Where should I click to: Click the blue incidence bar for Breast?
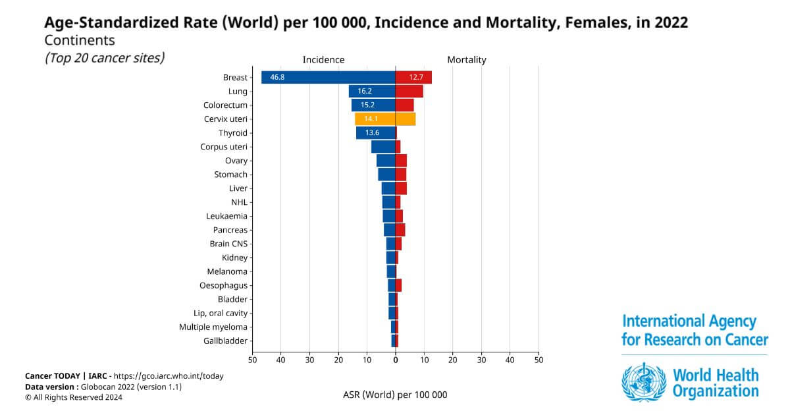(x=329, y=77)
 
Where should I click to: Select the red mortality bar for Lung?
(x=409, y=92)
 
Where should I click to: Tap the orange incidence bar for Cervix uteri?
(x=375, y=119)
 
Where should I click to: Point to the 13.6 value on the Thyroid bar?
(x=372, y=132)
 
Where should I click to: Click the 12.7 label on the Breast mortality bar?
(x=416, y=77)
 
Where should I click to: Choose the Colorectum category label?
(x=225, y=105)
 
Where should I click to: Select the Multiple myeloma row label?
(x=213, y=327)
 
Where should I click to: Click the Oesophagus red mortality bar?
(x=398, y=285)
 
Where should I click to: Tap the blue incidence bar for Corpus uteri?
(x=383, y=147)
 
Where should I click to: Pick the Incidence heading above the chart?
(x=323, y=60)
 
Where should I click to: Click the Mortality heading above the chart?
(x=467, y=60)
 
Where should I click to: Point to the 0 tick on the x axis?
(x=396, y=360)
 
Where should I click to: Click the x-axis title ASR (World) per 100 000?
(x=395, y=395)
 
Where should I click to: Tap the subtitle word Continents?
(x=80, y=40)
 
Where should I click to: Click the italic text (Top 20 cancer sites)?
(x=105, y=58)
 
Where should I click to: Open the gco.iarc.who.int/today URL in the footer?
(x=169, y=376)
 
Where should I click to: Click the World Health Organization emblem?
(x=644, y=382)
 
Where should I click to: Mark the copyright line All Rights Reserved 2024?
(x=74, y=397)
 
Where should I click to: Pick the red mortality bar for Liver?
(x=401, y=188)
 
